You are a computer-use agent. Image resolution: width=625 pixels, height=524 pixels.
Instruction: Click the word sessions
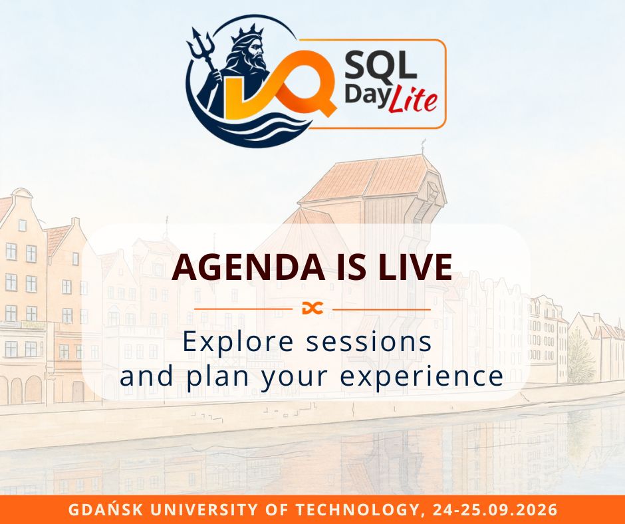[369, 342]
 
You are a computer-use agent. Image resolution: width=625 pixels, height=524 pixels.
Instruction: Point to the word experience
[422, 377]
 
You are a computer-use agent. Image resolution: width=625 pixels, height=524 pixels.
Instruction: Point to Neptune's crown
[247, 34]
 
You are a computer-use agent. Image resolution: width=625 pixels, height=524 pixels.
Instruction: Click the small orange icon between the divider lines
[312, 309]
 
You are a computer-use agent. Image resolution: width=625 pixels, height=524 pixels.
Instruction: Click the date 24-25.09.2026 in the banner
[494, 510]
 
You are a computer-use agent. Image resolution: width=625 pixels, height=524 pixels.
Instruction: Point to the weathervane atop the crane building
[423, 146]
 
